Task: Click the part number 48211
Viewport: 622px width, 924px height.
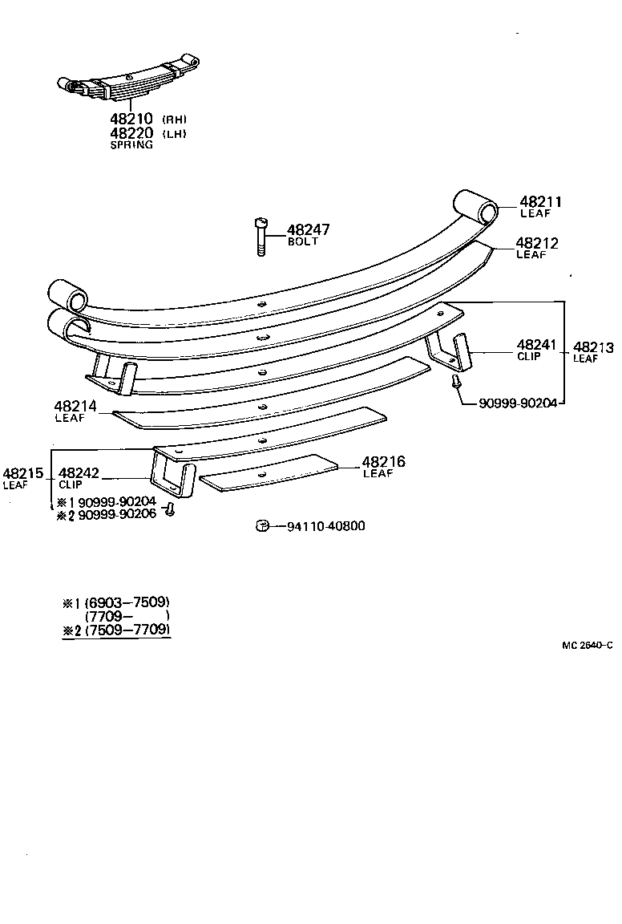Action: pyautogui.click(x=540, y=202)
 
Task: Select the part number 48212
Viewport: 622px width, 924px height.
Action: pyautogui.click(x=536, y=243)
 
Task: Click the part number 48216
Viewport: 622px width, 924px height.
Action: pyautogui.click(x=383, y=462)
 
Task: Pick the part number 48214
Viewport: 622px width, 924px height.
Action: pyautogui.click(x=75, y=407)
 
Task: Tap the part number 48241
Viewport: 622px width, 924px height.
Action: pyautogui.click(x=536, y=345)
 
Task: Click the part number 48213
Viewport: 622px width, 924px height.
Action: pyautogui.click(x=593, y=347)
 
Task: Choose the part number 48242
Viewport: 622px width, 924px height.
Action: pyautogui.click(x=79, y=473)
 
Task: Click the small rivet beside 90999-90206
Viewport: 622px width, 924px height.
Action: pyautogui.click(x=170, y=510)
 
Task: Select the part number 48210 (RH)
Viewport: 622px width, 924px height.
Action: pyautogui.click(x=131, y=120)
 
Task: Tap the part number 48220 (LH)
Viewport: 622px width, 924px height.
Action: pyautogui.click(x=131, y=133)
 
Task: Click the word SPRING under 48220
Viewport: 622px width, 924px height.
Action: pyautogui.click(x=131, y=145)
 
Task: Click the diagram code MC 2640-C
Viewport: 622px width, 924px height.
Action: pyautogui.click(x=587, y=645)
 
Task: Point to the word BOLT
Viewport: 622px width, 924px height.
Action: pyautogui.click(x=303, y=241)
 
